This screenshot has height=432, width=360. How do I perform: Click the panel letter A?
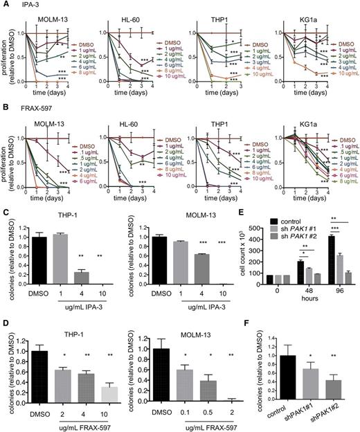click(x=4, y=6)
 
